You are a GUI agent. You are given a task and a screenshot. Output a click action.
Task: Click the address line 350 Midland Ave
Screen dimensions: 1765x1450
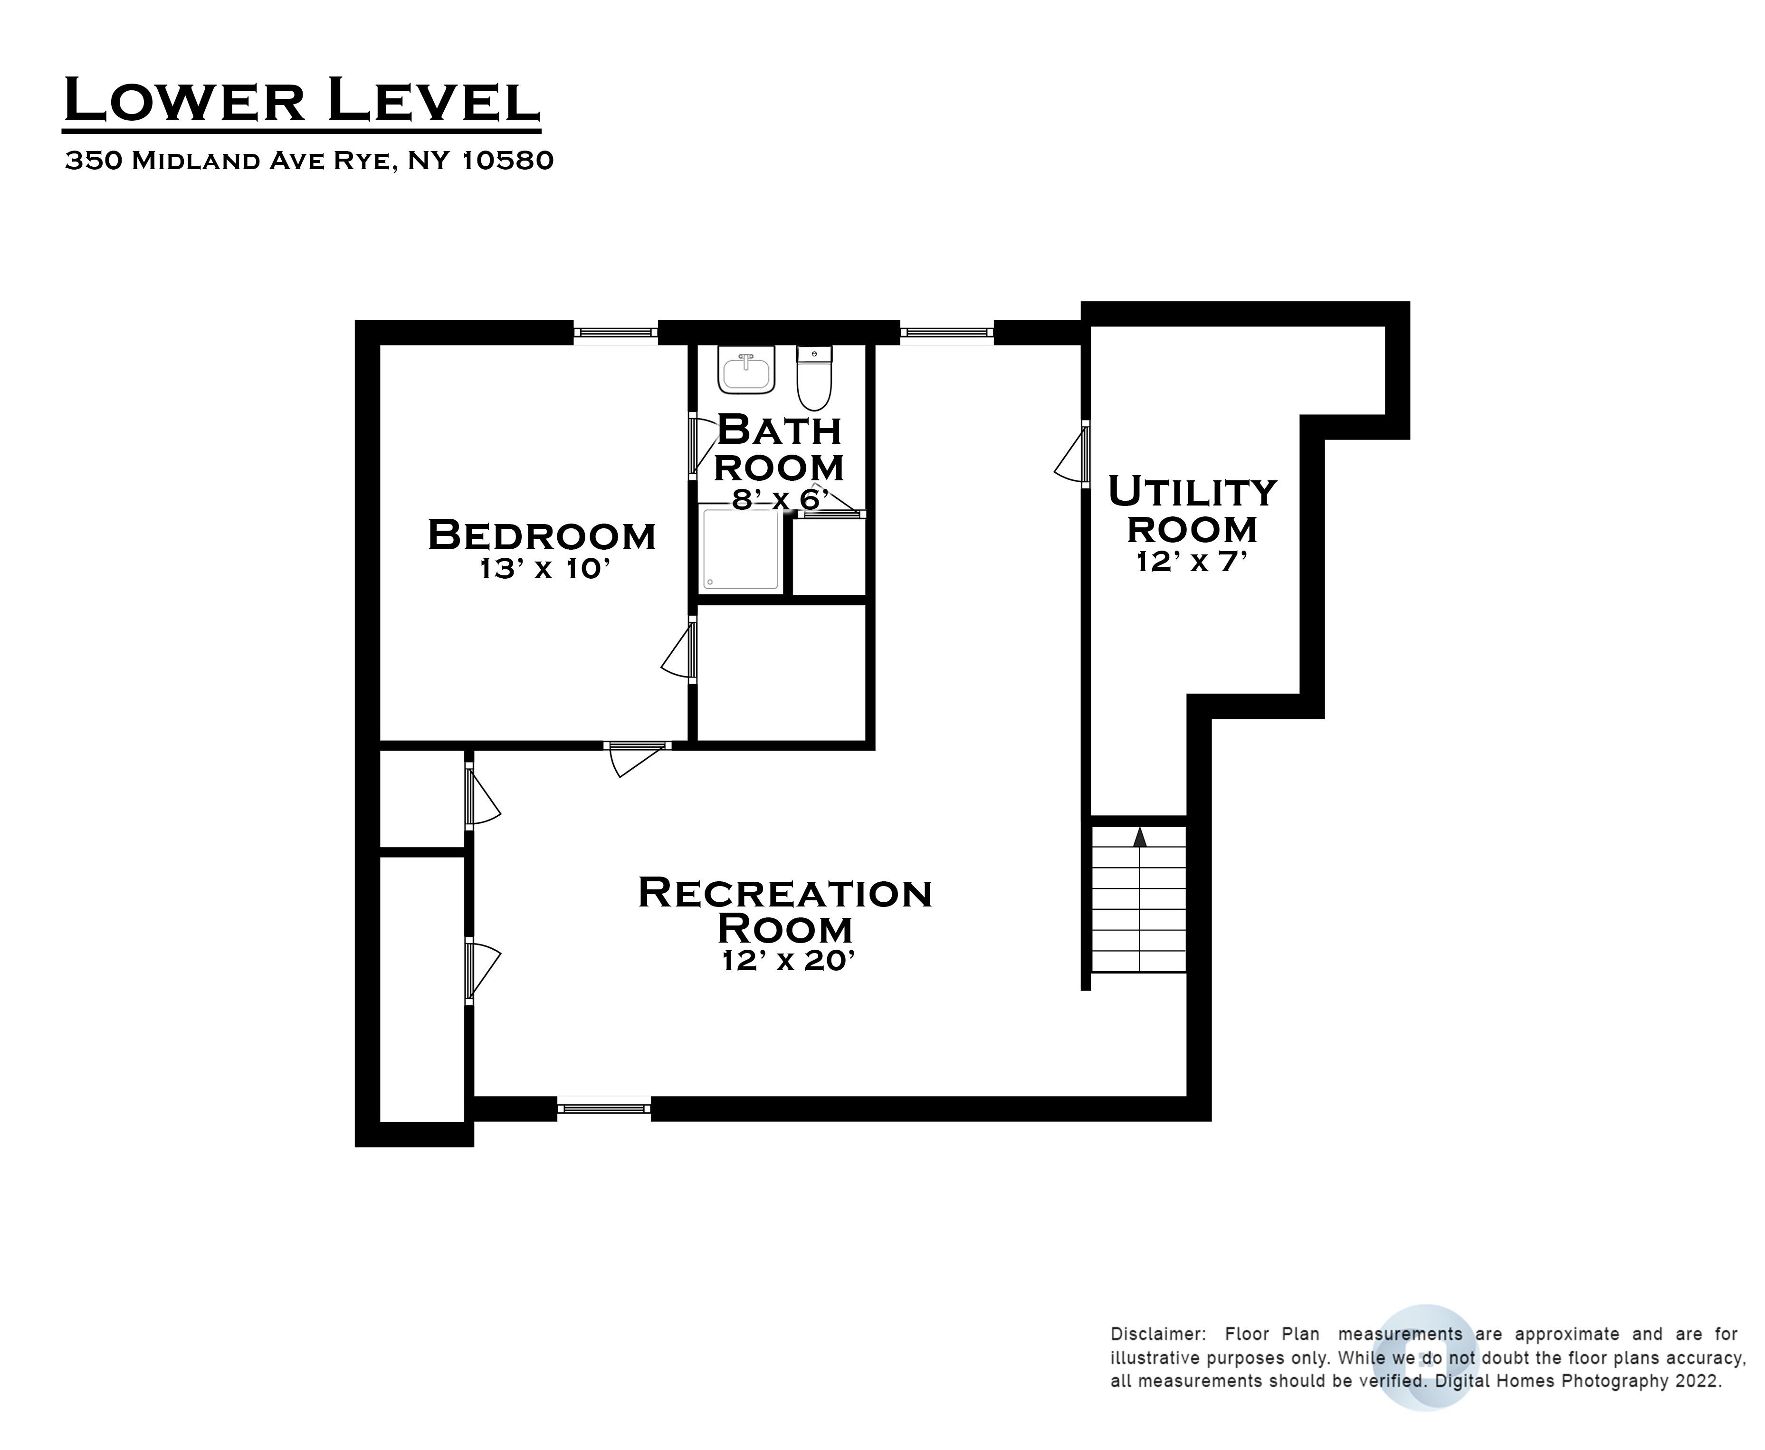309,161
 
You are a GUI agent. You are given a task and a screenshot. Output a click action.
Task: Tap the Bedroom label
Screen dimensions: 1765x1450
541,535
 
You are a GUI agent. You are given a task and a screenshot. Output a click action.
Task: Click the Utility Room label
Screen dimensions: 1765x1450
1192,509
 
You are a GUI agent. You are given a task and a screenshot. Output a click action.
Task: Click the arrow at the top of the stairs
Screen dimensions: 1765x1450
1139,838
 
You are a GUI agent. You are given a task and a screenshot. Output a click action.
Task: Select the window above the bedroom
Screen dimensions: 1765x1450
615,333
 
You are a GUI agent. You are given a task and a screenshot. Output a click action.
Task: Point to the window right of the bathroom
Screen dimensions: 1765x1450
946,333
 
